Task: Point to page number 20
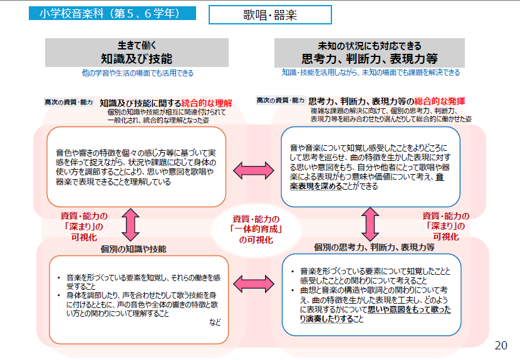[501, 345]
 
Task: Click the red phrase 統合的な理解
[207, 102]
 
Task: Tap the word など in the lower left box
[215, 322]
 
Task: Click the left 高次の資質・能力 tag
[68, 101]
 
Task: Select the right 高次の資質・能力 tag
[280, 100]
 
